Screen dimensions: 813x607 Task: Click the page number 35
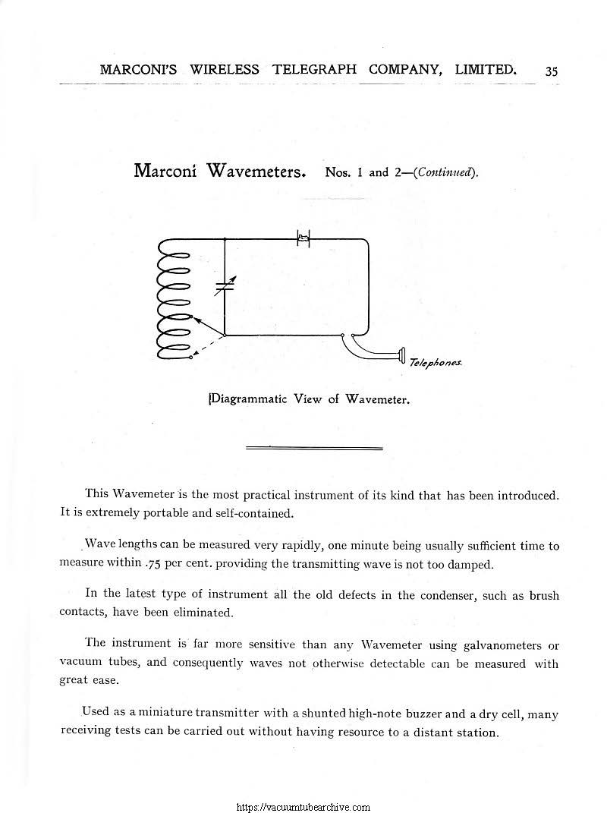pyautogui.click(x=551, y=71)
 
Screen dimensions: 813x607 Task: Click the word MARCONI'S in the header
pyautogui.click(x=138, y=70)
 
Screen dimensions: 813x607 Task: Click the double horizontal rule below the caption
pyautogui.click(x=314, y=449)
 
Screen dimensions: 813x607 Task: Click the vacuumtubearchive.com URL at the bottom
pyautogui.click(x=303, y=807)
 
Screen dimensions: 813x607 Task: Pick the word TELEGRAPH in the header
pyautogui.click(x=313, y=70)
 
